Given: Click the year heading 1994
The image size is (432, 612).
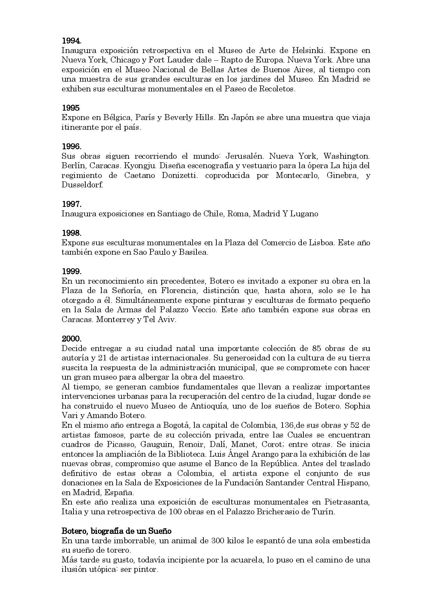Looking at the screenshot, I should (x=71, y=40).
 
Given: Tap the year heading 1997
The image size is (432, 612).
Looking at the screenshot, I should (x=71, y=204).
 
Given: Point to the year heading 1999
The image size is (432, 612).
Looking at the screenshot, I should (x=71, y=271).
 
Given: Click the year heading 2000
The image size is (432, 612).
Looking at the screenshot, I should (x=71, y=338).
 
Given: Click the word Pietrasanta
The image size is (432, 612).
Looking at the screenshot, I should (x=347, y=502).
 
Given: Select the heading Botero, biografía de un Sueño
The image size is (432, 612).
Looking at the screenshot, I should (x=116, y=531).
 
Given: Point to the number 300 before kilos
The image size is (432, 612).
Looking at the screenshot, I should (x=219, y=541).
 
